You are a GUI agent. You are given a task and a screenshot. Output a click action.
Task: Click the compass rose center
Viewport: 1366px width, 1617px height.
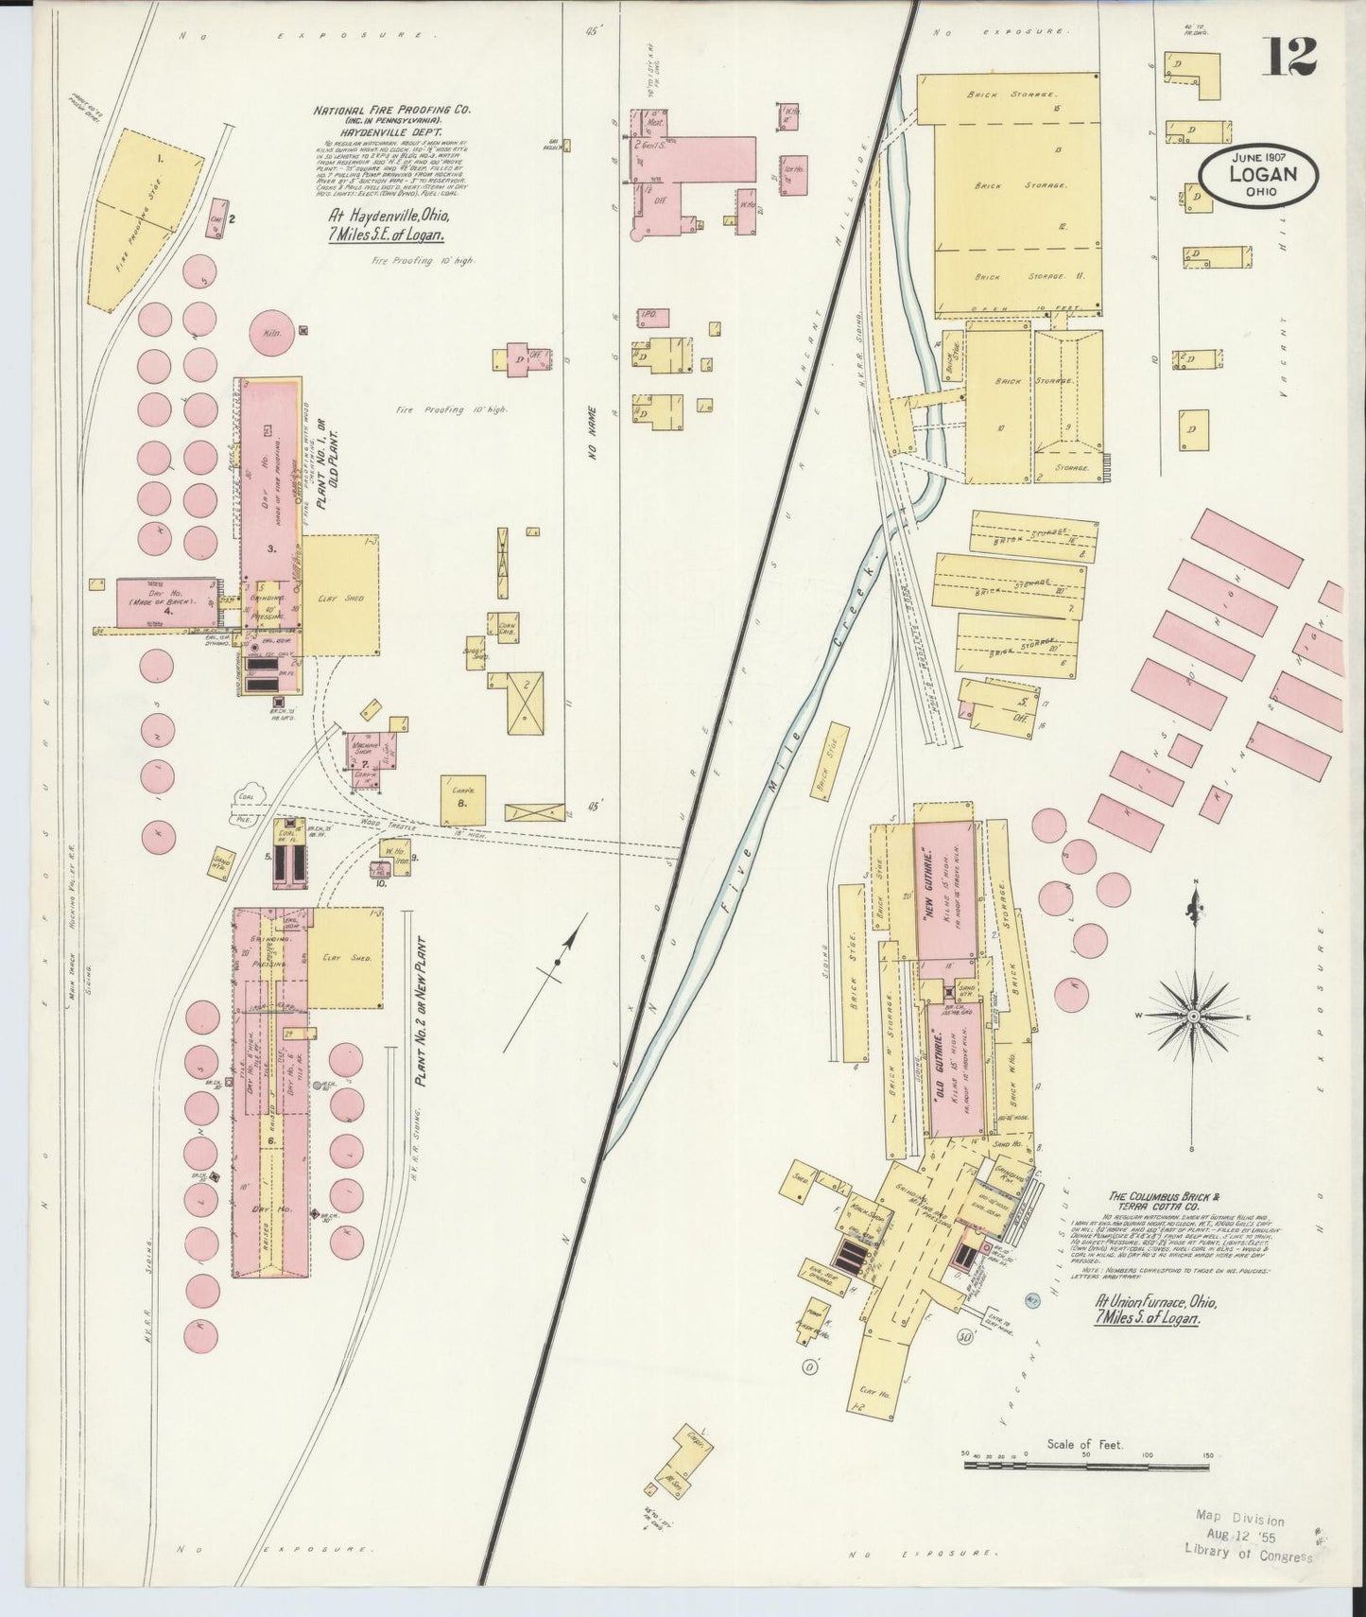pos(1193,1016)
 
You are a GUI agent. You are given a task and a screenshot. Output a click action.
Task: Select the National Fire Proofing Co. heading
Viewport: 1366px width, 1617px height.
pos(391,111)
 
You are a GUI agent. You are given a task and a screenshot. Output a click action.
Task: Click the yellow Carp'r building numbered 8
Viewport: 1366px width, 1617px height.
pos(463,799)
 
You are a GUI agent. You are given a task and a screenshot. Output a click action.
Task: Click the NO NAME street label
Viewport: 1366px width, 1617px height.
pos(594,433)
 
